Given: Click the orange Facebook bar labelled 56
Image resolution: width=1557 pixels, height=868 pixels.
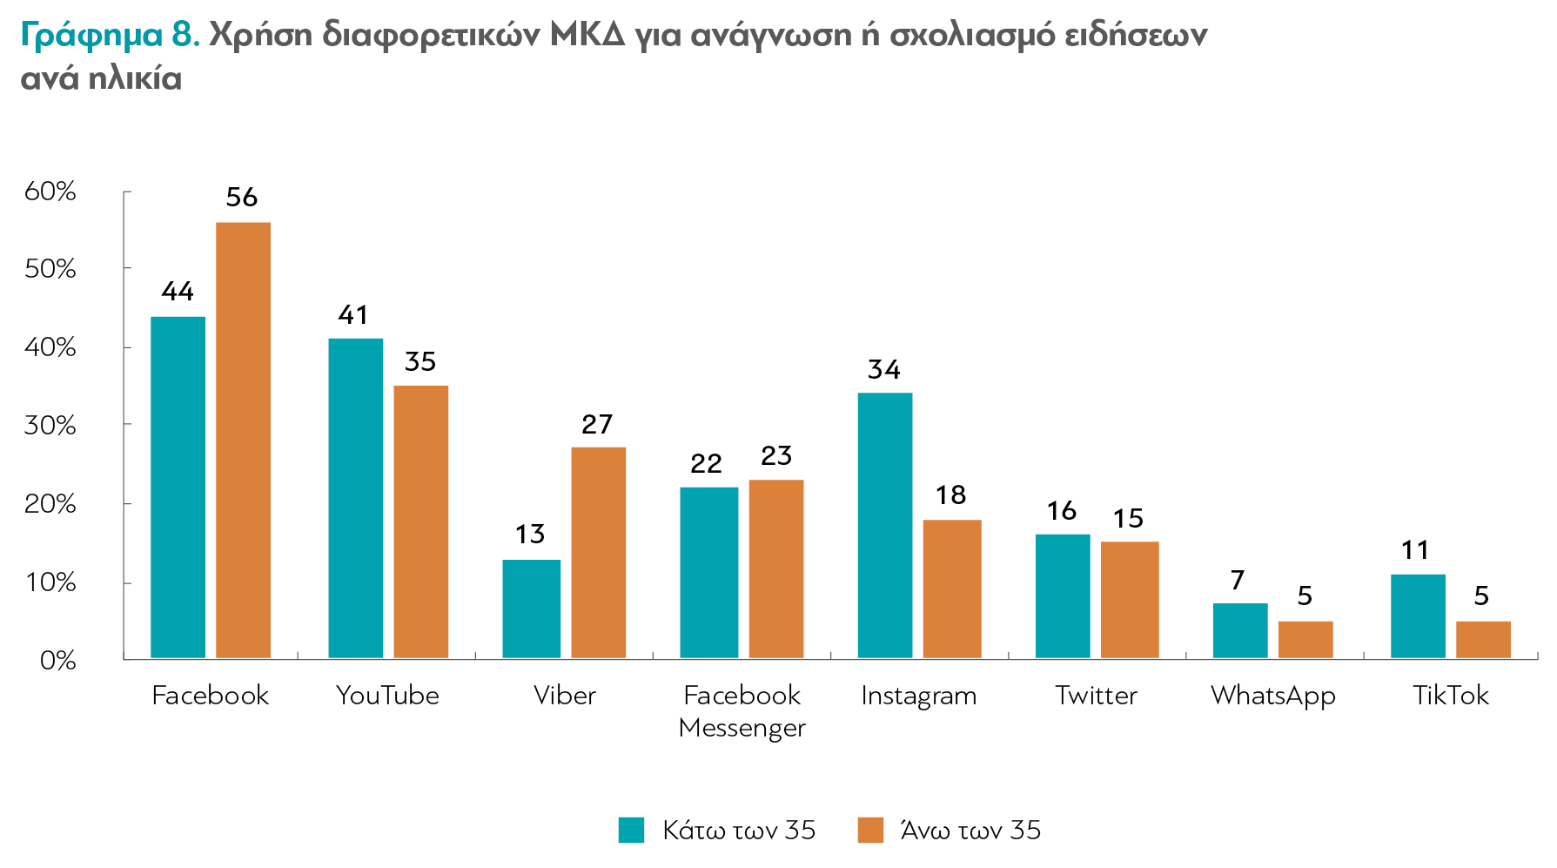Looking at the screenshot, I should tap(243, 440).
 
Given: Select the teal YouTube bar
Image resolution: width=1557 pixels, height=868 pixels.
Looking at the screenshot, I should tap(355, 498).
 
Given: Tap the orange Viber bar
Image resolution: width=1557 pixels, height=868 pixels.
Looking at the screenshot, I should tap(598, 552).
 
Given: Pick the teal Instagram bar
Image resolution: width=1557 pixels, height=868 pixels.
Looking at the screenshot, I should tap(884, 525).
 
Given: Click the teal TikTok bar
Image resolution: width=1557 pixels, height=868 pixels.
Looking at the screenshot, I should tap(1417, 616).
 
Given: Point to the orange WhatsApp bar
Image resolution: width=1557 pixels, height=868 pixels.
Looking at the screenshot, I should tap(1305, 639).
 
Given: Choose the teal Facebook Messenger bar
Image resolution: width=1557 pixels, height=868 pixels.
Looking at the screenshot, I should tap(708, 572).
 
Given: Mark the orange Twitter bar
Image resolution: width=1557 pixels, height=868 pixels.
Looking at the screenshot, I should tap(1129, 599).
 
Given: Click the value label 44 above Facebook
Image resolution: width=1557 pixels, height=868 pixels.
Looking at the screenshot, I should tap(178, 292).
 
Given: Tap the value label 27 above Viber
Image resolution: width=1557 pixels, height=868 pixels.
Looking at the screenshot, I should tap(597, 425).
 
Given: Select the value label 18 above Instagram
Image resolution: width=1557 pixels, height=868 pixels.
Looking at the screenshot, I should tap(950, 495).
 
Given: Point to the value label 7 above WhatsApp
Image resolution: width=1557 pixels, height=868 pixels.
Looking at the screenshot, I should tap(1238, 580).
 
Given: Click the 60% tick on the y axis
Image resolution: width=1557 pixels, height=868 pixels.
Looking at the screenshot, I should tap(50, 192).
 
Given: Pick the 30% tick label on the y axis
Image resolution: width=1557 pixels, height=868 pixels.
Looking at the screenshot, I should tap(50, 426).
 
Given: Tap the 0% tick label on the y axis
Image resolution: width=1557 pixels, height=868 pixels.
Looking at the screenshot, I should tap(57, 661).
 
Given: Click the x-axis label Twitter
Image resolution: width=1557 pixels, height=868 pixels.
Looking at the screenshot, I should tap(1096, 696).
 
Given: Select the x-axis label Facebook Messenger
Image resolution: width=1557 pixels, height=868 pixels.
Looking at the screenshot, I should tap(742, 711).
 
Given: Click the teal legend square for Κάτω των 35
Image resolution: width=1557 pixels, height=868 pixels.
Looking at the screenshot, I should tap(631, 830).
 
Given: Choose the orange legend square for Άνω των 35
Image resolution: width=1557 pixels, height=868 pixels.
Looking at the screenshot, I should tap(869, 830).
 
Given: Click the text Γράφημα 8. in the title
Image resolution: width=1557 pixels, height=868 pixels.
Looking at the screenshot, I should tap(110, 35).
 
